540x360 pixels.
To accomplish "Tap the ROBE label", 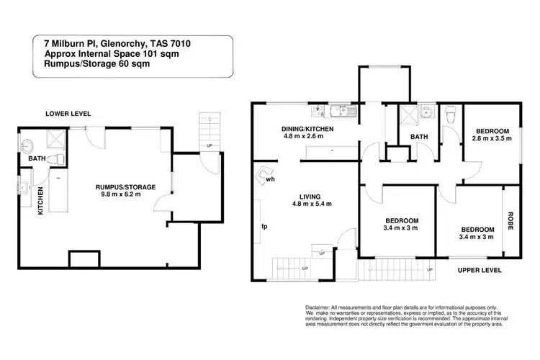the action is click(510, 220).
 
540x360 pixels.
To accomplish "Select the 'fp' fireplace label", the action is click(264, 227).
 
